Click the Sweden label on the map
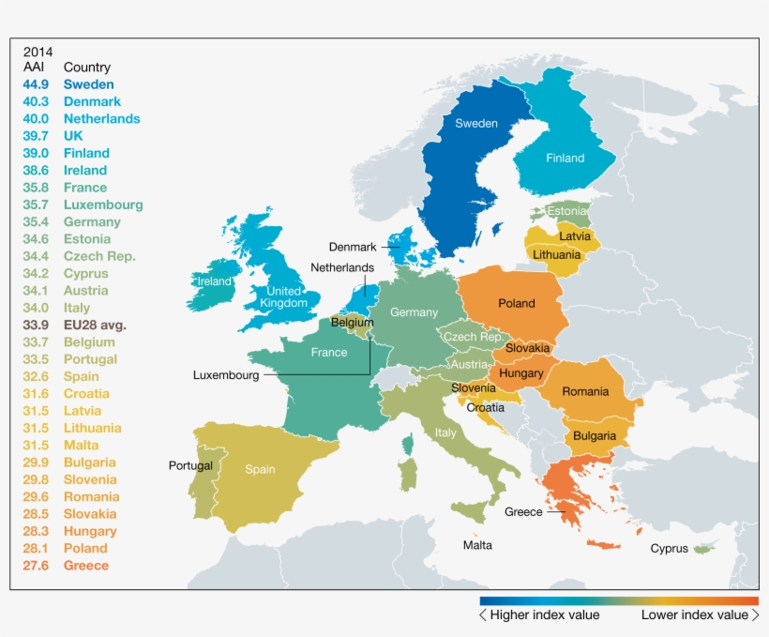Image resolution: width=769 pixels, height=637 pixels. [x=476, y=124]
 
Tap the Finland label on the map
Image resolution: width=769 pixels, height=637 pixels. [x=565, y=159]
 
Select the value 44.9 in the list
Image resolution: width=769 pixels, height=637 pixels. [x=36, y=84]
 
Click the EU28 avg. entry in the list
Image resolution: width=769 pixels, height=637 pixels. [x=95, y=325]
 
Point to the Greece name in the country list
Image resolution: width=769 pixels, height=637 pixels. [x=86, y=565]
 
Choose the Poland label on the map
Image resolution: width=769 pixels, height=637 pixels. [x=517, y=303]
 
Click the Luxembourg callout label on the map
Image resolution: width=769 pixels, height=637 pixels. [x=226, y=374]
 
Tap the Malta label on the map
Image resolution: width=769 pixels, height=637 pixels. [x=477, y=545]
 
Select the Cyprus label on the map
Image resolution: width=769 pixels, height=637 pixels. [x=669, y=549]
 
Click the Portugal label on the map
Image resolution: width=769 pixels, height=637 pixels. [x=190, y=465]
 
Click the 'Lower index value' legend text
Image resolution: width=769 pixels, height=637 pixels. [x=694, y=615]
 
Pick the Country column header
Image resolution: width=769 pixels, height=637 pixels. [x=87, y=68]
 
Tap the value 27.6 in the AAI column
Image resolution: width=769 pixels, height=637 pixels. [x=36, y=565]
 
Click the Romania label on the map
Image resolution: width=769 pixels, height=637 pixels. [x=585, y=391]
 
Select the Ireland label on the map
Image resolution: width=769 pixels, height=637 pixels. [x=214, y=281]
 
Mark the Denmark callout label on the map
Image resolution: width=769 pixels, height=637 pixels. [x=352, y=248]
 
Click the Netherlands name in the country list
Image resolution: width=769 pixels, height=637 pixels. [x=101, y=119]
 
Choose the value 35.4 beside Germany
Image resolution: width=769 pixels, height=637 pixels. [x=36, y=222]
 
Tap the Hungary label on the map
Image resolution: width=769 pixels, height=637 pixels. [x=521, y=373]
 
